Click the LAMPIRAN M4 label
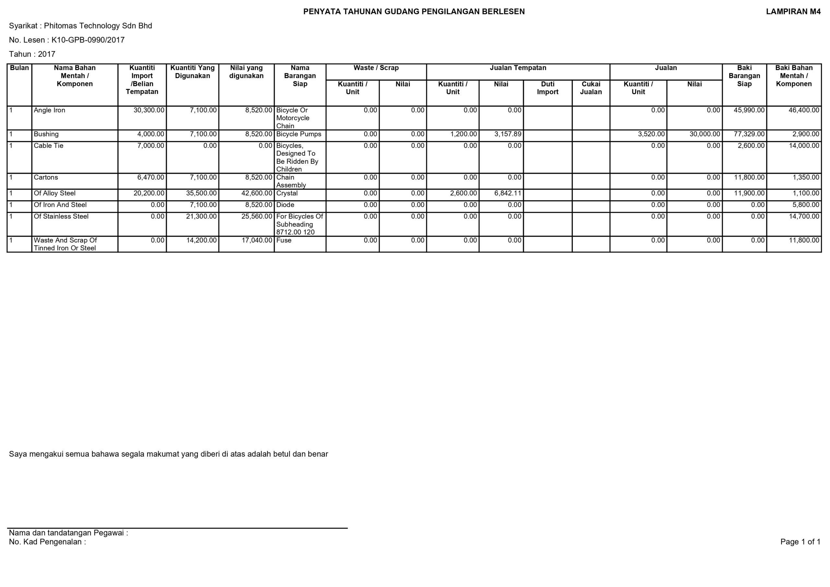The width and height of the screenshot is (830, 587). click(x=793, y=12)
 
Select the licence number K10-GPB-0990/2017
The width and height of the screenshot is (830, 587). click(x=88, y=40)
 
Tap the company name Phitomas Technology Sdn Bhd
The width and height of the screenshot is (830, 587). click(x=98, y=26)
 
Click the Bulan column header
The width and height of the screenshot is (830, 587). click(x=19, y=68)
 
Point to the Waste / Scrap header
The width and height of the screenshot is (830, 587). click(x=376, y=68)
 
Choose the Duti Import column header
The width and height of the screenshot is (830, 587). click(x=547, y=88)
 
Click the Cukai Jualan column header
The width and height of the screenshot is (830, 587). click(x=591, y=88)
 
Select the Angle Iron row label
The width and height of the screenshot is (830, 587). click(x=50, y=110)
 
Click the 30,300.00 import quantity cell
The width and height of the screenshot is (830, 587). click(x=148, y=110)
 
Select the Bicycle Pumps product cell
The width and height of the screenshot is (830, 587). click(x=299, y=134)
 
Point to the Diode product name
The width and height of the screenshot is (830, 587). click(x=285, y=205)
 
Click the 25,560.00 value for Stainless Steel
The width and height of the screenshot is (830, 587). click(x=256, y=217)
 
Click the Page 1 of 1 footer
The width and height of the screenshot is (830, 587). click(x=800, y=542)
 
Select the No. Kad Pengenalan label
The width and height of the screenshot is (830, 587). click(x=47, y=542)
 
